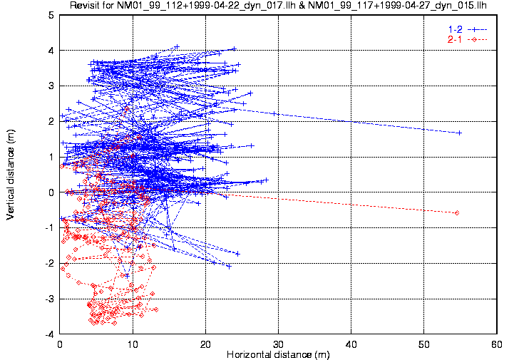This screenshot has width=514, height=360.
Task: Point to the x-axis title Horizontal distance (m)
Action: click(277, 354)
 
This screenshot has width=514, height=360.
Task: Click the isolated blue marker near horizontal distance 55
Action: click(459, 133)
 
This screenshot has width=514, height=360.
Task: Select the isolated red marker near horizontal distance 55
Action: click(456, 212)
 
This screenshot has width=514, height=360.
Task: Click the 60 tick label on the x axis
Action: click(496, 343)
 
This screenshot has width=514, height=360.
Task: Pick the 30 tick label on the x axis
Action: click(278, 343)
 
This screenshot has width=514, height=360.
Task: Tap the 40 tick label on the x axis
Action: click(351, 343)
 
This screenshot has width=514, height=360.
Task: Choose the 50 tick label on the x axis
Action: click(423, 343)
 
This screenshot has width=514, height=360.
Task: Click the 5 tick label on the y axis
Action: click(51, 15)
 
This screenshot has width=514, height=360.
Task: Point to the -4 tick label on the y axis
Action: click(48, 334)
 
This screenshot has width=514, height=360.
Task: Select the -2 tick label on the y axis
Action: click(48, 263)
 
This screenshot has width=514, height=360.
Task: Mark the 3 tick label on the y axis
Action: click(51, 86)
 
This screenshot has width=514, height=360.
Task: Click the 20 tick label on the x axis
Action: click(205, 343)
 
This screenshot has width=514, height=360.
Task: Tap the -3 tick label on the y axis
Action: click(48, 299)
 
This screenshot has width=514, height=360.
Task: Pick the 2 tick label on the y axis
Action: click(51, 121)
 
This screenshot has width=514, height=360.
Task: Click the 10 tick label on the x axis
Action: click(133, 343)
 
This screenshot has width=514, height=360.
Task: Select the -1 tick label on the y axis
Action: click(48, 227)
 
